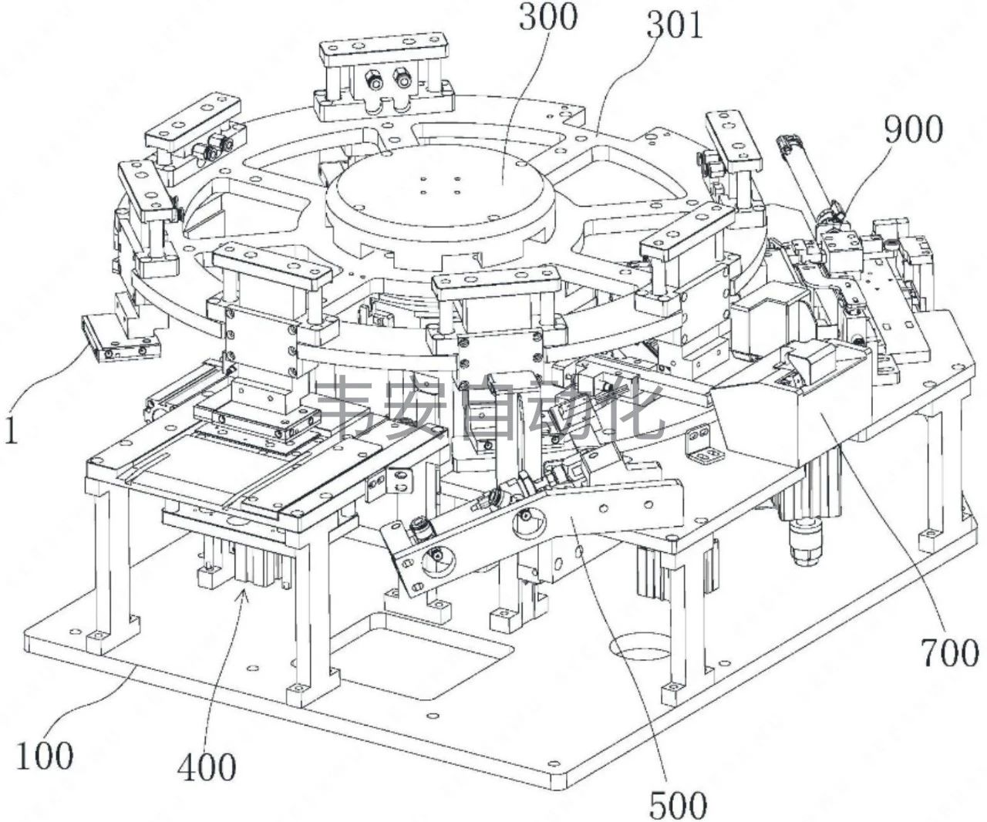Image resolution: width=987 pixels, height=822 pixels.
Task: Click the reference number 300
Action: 547,18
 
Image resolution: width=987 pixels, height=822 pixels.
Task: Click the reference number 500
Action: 678,805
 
